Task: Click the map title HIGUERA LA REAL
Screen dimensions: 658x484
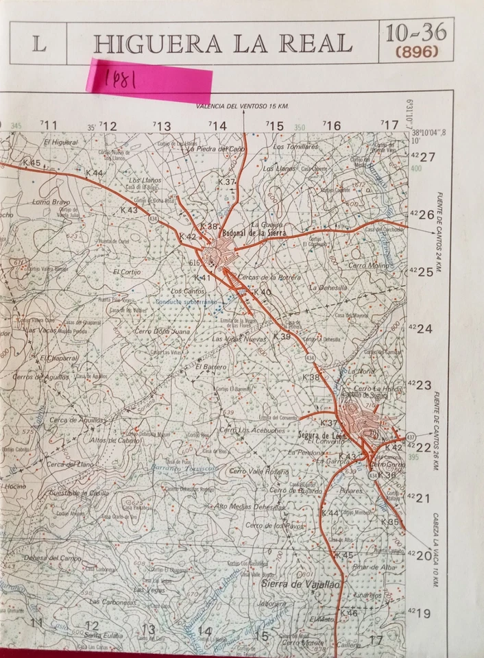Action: pyautogui.click(x=223, y=43)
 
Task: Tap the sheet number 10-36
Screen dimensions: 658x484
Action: pyautogui.click(x=415, y=32)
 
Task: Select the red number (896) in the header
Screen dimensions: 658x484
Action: pyautogui.click(x=416, y=51)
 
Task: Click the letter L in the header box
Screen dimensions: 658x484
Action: pyautogui.click(x=39, y=43)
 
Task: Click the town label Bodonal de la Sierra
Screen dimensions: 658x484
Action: pyautogui.click(x=258, y=233)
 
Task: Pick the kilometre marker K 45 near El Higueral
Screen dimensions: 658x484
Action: pyautogui.click(x=32, y=162)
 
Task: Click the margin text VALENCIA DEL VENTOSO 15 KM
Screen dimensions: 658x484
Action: pyautogui.click(x=242, y=106)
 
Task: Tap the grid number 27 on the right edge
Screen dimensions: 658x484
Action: pyautogui.click(x=427, y=157)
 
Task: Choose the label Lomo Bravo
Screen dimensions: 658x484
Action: pyautogui.click(x=51, y=202)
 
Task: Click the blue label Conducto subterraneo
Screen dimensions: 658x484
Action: pyautogui.click(x=185, y=301)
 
